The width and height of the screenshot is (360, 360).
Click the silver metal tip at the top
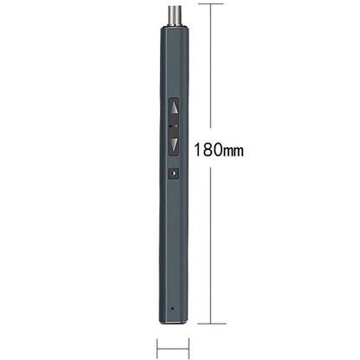pos(175,16)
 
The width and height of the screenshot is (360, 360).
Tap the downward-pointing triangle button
pos(174,144)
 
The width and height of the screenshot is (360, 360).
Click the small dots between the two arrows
pos(174,126)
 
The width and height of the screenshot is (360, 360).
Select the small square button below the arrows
pos(174,173)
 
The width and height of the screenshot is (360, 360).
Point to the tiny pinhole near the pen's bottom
pos(172,308)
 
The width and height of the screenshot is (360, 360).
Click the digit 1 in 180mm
pos(197,150)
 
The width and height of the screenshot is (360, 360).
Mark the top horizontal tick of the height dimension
pos(210,3)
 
